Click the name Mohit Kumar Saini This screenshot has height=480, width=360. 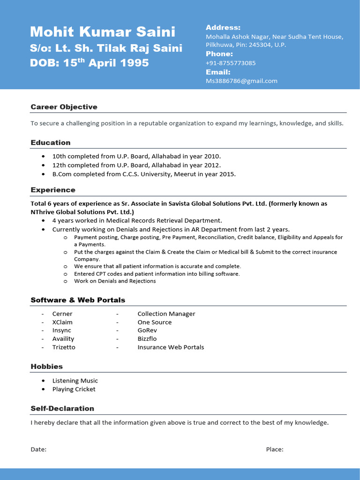[103, 32]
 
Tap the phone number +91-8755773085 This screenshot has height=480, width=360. [231, 63]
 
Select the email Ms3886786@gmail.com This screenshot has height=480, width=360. [241, 81]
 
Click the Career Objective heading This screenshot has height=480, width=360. [64, 107]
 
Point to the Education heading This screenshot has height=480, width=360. [51, 142]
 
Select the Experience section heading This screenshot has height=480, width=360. [53, 190]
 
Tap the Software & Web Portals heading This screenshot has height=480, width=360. [78, 300]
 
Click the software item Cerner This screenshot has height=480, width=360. [62, 314]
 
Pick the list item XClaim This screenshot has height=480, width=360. [62, 322]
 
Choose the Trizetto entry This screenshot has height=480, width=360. [64, 347]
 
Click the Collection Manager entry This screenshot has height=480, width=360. [166, 314]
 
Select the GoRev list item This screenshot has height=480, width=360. [147, 330]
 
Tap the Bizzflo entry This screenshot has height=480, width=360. [147, 339]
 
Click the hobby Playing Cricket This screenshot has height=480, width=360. [74, 389]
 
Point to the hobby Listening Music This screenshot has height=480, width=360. [75, 381]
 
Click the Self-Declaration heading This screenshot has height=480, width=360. [62, 408]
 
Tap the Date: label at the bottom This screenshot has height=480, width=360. [38, 450]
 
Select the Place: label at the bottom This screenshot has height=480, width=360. [275, 450]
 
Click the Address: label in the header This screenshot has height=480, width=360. [223, 28]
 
